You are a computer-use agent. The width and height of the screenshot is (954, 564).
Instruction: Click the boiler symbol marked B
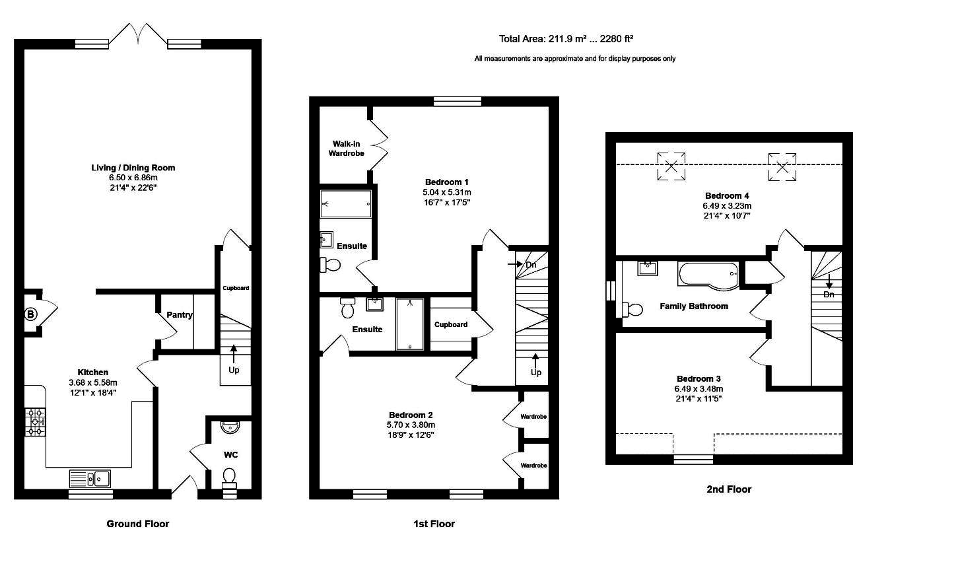click(x=30, y=314)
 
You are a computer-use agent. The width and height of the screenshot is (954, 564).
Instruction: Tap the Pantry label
click(x=180, y=315)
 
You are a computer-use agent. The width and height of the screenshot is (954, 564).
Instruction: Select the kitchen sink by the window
click(x=90, y=477)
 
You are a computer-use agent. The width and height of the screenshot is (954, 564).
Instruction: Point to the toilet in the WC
click(x=229, y=477)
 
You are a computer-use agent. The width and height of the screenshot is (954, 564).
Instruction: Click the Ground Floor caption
click(x=138, y=524)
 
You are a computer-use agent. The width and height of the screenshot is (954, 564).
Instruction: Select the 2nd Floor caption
click(x=729, y=489)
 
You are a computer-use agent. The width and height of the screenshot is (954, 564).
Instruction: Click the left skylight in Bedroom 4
click(x=671, y=166)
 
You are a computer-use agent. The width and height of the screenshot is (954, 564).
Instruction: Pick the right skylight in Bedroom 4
click(x=782, y=166)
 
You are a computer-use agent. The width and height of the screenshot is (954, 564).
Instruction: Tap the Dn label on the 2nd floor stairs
click(x=829, y=295)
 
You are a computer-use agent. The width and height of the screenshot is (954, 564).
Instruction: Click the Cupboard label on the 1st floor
click(x=451, y=324)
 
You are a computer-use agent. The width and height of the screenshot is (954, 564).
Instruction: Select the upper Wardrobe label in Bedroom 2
click(x=533, y=417)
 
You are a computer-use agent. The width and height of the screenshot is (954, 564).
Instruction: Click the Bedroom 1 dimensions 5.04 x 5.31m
click(x=447, y=192)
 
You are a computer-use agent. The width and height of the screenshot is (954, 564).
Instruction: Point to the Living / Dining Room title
click(x=133, y=168)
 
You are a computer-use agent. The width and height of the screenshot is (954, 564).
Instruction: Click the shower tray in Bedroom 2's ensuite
click(x=410, y=324)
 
